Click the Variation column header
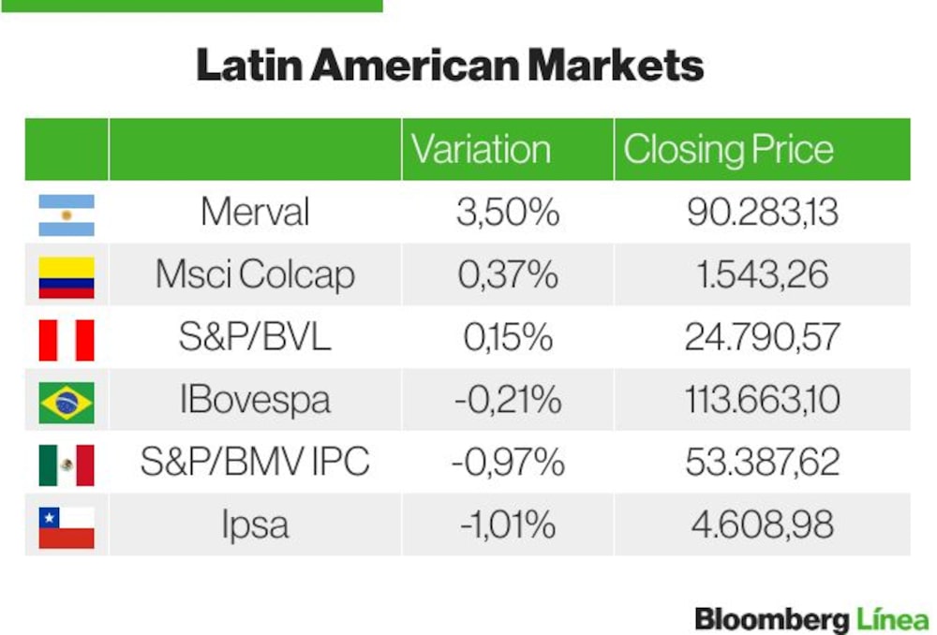tap(481, 149)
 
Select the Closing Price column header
tap(728, 149)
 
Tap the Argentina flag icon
tap(67, 215)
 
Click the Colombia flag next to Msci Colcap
tap(67, 278)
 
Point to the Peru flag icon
tap(67, 340)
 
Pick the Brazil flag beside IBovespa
tap(67, 403)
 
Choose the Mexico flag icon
tap(67, 465)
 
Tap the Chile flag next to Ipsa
tap(67, 527)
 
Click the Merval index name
tap(255, 212)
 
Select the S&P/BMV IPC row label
tap(255, 461)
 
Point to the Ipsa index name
tap(255, 524)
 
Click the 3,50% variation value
tap(508, 212)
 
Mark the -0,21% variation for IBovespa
tap(508, 400)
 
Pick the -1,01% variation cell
tap(508, 524)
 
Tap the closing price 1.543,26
tap(763, 274)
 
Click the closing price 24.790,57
tap(763, 337)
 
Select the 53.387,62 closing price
tap(763, 462)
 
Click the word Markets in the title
tap(617, 65)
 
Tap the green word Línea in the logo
tap(893, 618)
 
